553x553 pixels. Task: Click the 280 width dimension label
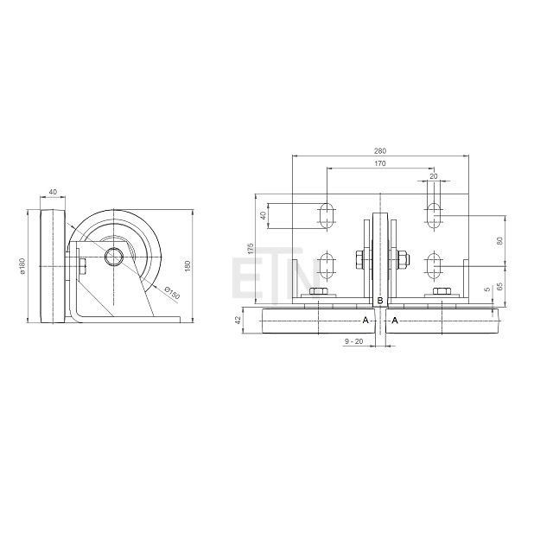pos(380,151)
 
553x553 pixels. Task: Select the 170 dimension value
pos(380,163)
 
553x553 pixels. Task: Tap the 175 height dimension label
pos(251,248)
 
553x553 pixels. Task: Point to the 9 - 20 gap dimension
pos(353,341)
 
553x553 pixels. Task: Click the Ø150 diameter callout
pos(172,293)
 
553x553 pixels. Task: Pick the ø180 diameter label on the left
pos(22,266)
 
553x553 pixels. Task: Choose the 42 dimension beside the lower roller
pos(238,320)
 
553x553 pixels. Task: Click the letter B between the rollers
pos(380,301)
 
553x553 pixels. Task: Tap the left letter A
pos(365,321)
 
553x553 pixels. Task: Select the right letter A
pos(395,321)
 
